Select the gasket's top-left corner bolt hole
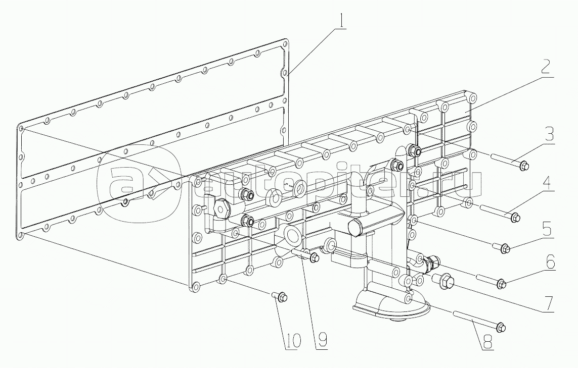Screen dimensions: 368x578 pyautogui.click(x=21, y=129)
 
